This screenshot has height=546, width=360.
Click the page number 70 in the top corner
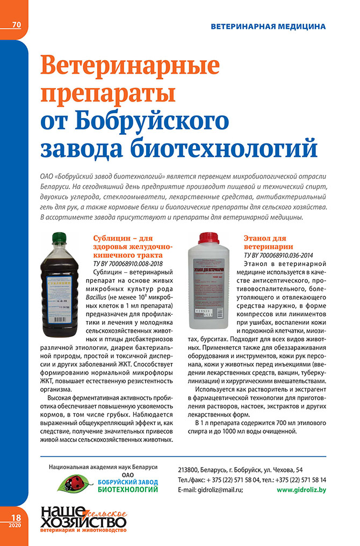point(16,25)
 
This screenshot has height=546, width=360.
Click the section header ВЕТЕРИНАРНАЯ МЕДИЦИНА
point(268,26)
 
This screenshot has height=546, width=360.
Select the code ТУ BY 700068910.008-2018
point(131,264)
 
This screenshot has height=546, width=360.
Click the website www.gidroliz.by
point(301,490)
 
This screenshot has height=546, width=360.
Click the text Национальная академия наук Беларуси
point(103,465)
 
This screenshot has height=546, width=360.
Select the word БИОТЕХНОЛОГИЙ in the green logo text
point(128,490)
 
